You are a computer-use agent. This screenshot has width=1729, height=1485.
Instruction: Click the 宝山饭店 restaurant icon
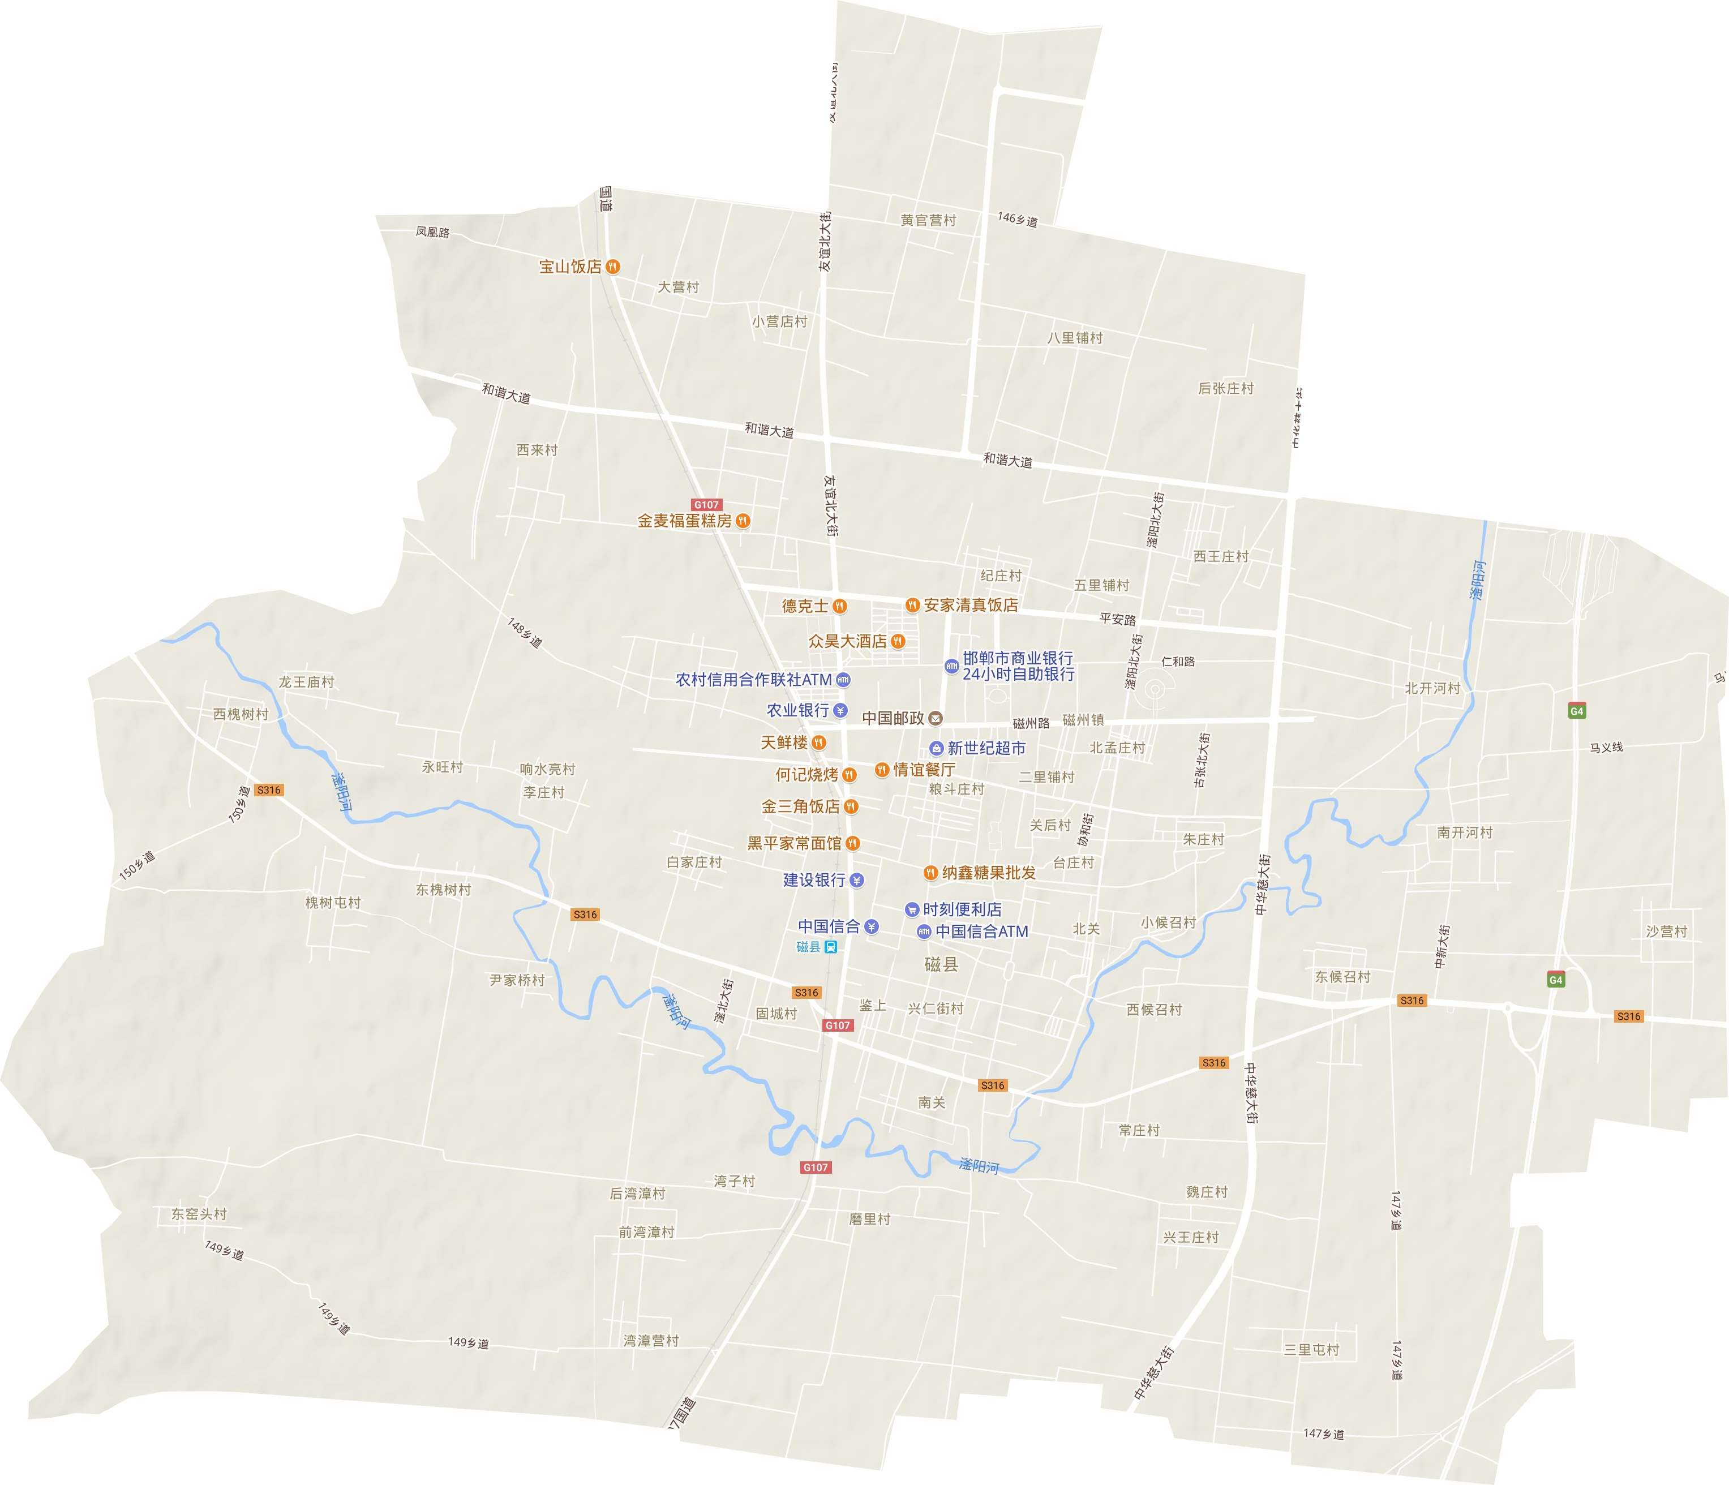(x=613, y=266)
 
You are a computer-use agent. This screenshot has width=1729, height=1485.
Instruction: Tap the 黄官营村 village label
(x=928, y=220)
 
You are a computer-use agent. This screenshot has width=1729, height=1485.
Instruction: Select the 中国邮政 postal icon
(x=936, y=718)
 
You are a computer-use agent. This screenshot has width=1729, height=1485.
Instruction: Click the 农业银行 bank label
(x=798, y=710)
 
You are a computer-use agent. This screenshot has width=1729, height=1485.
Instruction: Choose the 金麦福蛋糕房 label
(x=684, y=521)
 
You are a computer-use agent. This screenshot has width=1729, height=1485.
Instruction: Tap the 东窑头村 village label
(x=199, y=1214)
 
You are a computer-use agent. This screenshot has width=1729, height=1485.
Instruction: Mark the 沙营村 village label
(x=1666, y=931)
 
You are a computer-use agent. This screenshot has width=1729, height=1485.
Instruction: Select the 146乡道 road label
(x=1017, y=220)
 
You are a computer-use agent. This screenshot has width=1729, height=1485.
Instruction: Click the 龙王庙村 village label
(x=306, y=681)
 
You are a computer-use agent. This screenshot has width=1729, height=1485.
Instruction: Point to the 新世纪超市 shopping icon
(x=936, y=748)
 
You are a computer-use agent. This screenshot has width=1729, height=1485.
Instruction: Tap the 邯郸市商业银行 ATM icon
(x=951, y=666)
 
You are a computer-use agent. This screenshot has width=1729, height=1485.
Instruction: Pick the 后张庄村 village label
(x=1226, y=388)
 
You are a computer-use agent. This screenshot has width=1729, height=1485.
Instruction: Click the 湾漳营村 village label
(x=651, y=1341)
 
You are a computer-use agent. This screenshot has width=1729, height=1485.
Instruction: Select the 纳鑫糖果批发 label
(x=989, y=873)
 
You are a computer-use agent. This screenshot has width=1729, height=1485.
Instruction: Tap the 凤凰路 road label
(x=432, y=232)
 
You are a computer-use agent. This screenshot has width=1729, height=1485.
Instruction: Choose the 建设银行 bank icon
(x=857, y=880)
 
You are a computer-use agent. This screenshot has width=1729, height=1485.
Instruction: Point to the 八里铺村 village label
(x=1075, y=338)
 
